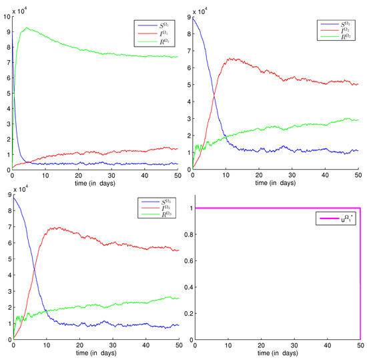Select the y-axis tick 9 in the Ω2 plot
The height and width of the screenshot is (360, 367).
(188, 18)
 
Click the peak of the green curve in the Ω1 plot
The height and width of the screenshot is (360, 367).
(26, 28)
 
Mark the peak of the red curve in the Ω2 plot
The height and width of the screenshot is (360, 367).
(231, 58)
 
